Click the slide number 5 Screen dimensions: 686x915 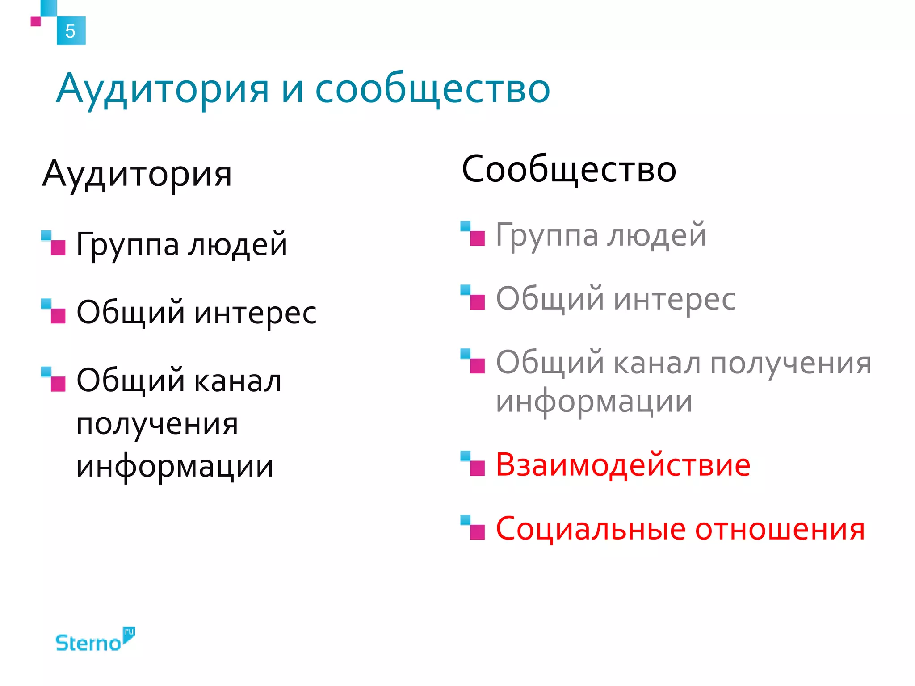coord(70,31)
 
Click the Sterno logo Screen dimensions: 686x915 coord(94,641)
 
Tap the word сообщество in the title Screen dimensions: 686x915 coord(432,89)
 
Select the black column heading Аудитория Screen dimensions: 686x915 coord(137,174)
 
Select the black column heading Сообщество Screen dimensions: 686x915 coord(569,170)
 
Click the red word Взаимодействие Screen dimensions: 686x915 coord(623,465)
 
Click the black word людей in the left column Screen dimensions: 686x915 coord(237,245)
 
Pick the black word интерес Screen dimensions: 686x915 coord(256,313)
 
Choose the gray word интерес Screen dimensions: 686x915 coord(675,299)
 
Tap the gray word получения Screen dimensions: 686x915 coord(791,364)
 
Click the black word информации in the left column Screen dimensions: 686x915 coord(175,467)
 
